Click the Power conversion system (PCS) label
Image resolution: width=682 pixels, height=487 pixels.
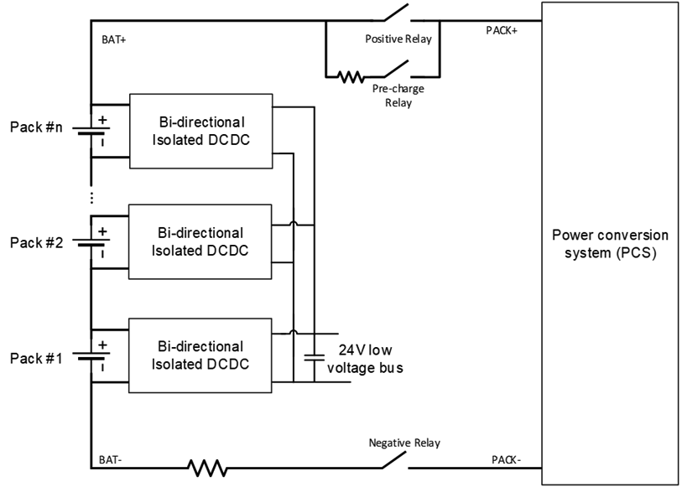tap(609, 243)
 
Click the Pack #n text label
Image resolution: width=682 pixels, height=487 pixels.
tap(37, 127)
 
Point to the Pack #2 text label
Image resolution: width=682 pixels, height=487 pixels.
tap(37, 242)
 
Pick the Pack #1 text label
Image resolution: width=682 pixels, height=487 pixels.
tap(37, 358)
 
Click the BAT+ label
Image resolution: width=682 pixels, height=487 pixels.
tap(113, 39)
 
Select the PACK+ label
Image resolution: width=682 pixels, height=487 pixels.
tap(502, 30)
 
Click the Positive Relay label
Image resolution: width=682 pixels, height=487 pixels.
tap(398, 39)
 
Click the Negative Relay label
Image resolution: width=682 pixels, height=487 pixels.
tap(403, 443)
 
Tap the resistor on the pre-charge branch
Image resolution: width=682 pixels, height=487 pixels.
tap(350, 76)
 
